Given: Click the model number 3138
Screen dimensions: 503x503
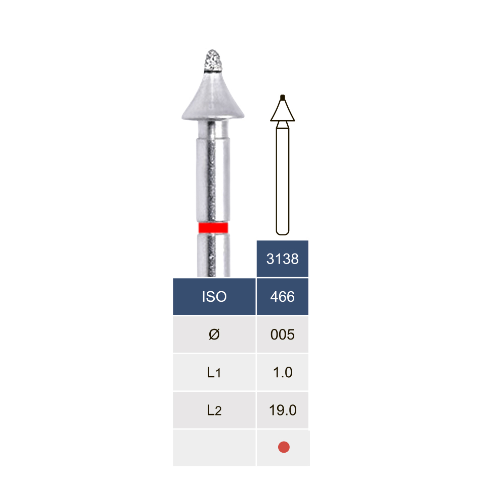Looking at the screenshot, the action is tap(282, 259).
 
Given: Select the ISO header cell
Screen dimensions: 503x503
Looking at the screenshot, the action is tap(214, 296).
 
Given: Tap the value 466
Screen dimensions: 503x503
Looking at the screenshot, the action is tap(282, 297).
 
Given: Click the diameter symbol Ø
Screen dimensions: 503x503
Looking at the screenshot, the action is tap(214, 334).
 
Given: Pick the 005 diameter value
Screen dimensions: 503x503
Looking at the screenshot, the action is tap(282, 334).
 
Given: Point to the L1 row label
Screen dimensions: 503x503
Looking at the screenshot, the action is tap(214, 372).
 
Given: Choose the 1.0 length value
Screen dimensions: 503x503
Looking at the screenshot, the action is tap(283, 372).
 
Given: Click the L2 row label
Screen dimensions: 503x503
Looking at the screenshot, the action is tap(214, 410).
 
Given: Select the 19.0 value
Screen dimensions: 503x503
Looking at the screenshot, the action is tap(283, 410).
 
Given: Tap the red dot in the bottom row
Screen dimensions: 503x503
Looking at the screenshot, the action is tap(284, 447).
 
